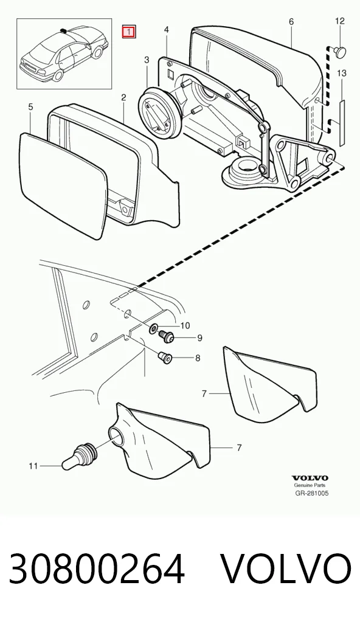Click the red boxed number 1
[x=129, y=32]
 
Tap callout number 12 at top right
[x=340, y=21]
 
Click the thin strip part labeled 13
[x=342, y=121]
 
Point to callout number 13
[x=342, y=73]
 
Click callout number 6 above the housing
[x=291, y=22]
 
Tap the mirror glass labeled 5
[x=64, y=184]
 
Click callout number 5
[x=31, y=107]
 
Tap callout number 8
[x=198, y=358]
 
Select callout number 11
[x=33, y=466]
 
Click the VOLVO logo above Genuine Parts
[x=310, y=479]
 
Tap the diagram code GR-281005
[x=312, y=493]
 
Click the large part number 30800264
[x=97, y=569]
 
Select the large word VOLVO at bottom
[x=285, y=569]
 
